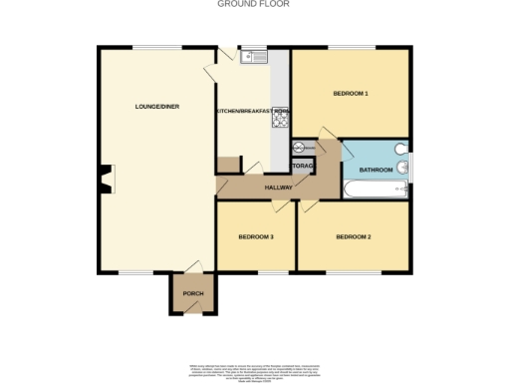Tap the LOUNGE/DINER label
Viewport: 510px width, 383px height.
(157, 106)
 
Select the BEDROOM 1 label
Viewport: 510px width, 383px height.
(350, 94)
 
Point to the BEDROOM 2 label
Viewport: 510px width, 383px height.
(353, 236)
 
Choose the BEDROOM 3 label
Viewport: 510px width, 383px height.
(256, 236)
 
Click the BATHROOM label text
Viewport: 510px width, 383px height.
(376, 171)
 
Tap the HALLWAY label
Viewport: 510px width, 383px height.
(278, 188)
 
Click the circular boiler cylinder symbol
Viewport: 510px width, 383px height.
(298, 149)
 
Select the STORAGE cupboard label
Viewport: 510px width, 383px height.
(303, 166)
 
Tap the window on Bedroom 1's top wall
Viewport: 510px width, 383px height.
(350, 47)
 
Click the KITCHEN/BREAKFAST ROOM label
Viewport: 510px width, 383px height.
(254, 110)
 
